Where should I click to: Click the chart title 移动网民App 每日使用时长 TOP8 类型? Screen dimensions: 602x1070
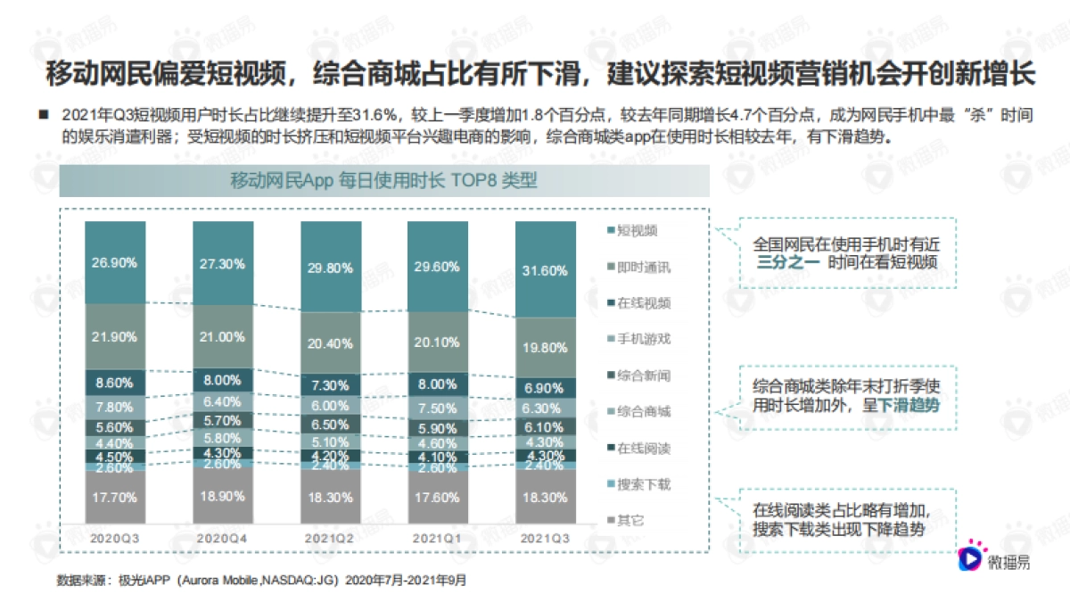pos(384,180)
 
